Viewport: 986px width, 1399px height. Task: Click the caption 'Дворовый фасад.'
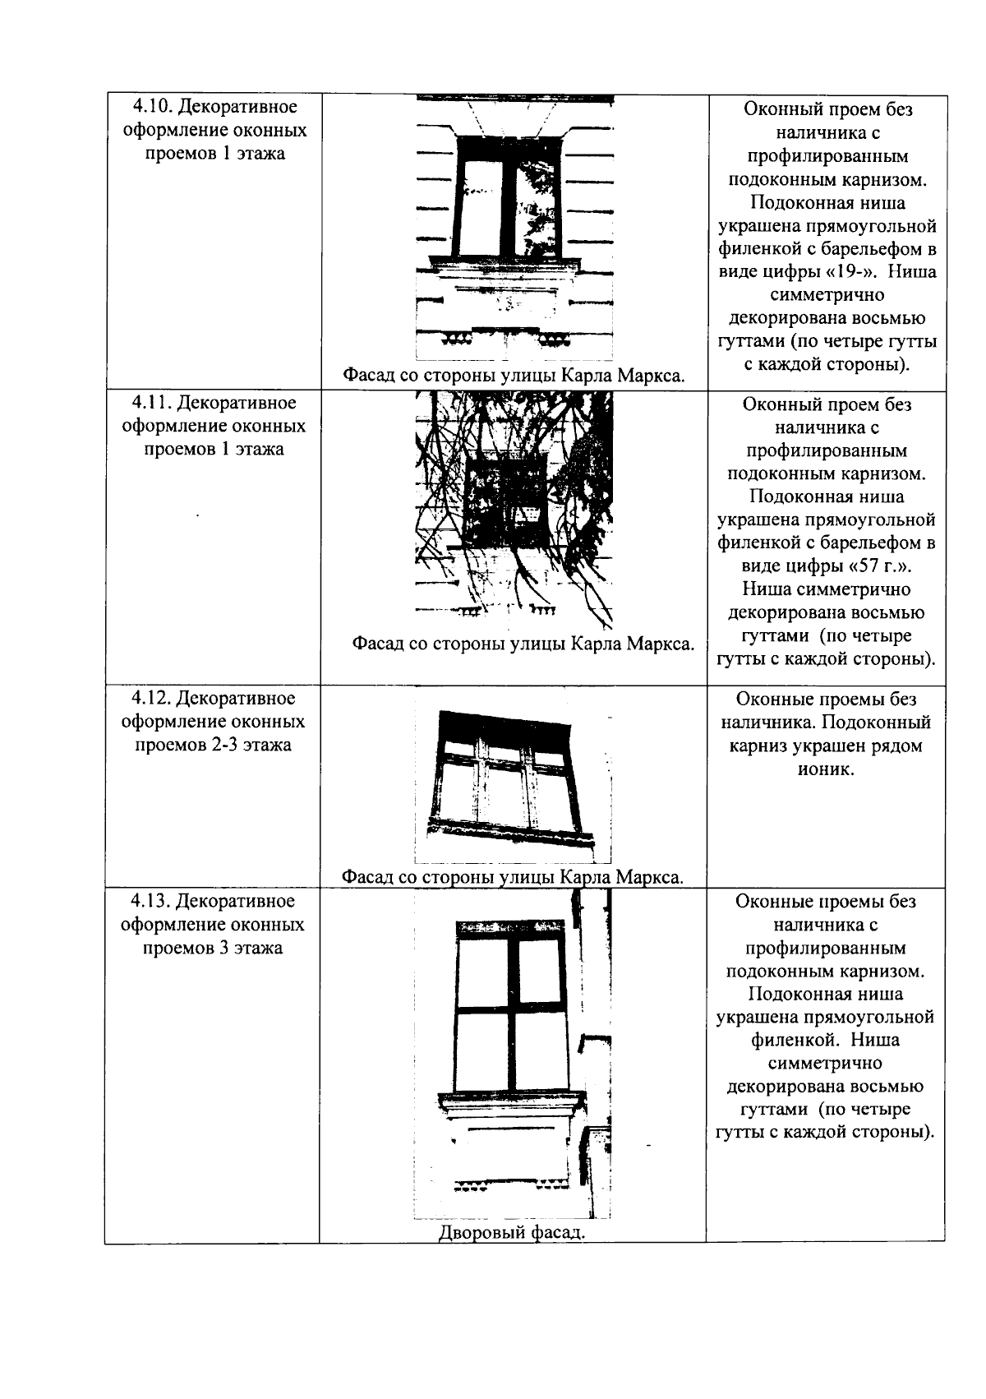(x=512, y=1232)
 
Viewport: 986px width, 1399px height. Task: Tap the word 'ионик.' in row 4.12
(x=826, y=769)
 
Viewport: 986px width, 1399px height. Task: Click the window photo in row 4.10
(x=514, y=226)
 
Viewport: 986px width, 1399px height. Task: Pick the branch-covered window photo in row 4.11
(x=514, y=510)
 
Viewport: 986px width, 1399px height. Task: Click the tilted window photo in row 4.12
(x=514, y=781)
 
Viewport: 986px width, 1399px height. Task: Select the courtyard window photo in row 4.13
(x=514, y=1052)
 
